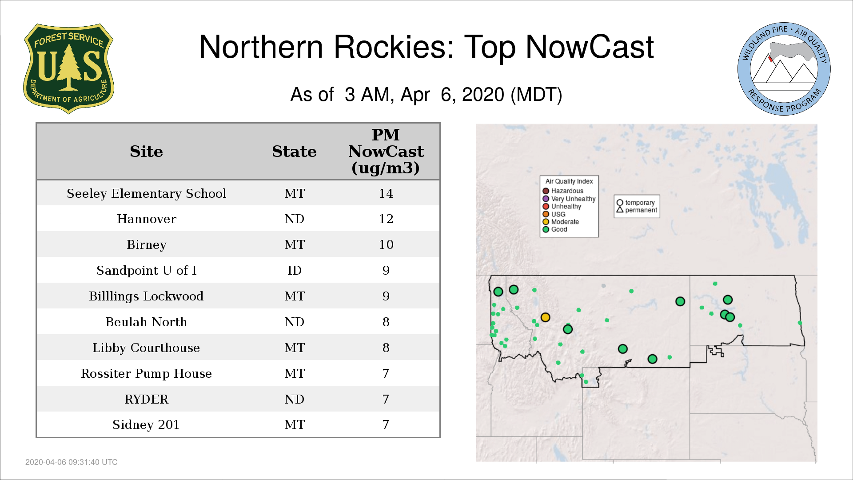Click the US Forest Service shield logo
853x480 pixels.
(68, 68)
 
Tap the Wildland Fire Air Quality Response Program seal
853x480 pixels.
(784, 69)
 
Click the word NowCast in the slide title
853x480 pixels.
(590, 47)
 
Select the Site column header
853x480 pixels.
(146, 152)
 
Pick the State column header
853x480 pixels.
(294, 152)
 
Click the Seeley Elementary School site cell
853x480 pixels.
(146, 194)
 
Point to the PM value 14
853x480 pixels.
(386, 193)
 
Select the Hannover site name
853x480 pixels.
(147, 219)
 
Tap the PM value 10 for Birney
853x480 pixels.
(386, 244)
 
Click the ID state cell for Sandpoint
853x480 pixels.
(294, 270)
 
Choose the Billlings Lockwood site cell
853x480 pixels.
(146, 296)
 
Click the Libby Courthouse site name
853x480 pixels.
(146, 348)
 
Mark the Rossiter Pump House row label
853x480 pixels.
(146, 374)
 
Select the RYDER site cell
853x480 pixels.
(146, 399)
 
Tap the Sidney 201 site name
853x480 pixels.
(146, 425)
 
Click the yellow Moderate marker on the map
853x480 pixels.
(546, 317)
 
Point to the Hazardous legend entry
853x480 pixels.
(563, 191)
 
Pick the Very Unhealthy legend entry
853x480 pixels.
(569, 199)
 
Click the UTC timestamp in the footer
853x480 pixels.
(72, 462)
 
